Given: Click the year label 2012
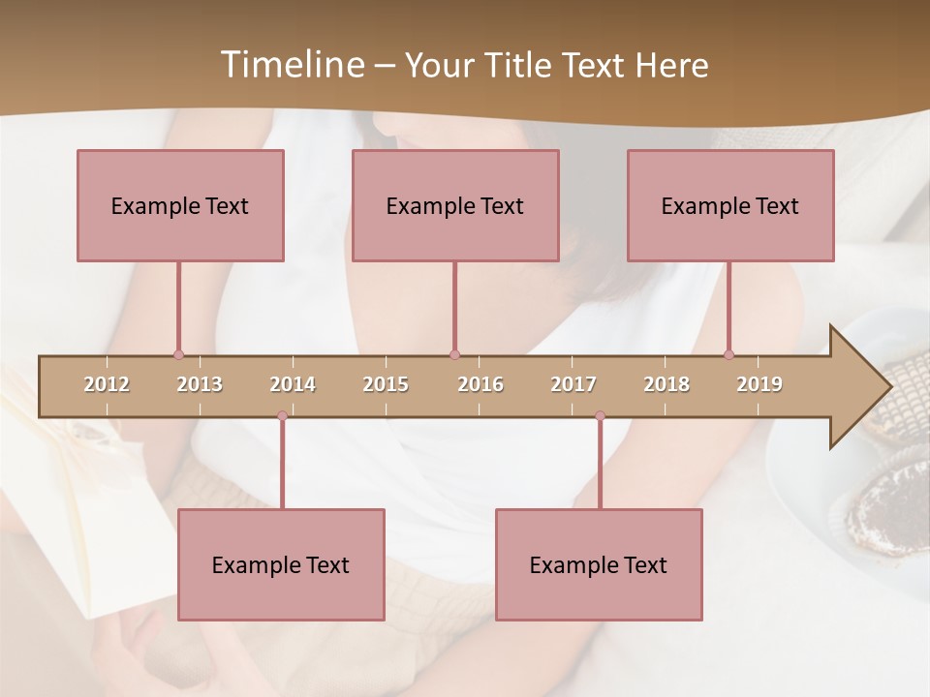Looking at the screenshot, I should [x=107, y=384].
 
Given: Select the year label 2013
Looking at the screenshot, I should [x=200, y=384].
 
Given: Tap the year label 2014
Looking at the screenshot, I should [x=293, y=384].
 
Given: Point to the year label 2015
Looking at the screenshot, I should [x=386, y=384].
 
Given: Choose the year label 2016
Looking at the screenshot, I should [x=480, y=384].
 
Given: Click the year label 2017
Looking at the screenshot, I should [x=573, y=384].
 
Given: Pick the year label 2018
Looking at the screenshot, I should [x=666, y=384].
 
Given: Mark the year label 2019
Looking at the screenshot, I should [x=759, y=384].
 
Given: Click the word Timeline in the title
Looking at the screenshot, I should [x=291, y=65].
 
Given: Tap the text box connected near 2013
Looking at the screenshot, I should [x=180, y=205].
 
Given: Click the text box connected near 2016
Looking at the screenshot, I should [x=455, y=205].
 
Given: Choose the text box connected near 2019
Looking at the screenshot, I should [x=730, y=205].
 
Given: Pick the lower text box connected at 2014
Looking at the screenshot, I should [x=281, y=564].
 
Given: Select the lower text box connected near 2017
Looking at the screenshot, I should [x=599, y=564].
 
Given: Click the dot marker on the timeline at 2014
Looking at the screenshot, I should [x=282, y=416].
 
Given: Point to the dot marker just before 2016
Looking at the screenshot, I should [x=454, y=354].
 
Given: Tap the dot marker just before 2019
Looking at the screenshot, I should [x=728, y=354].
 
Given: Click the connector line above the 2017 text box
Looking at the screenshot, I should [x=600, y=465].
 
